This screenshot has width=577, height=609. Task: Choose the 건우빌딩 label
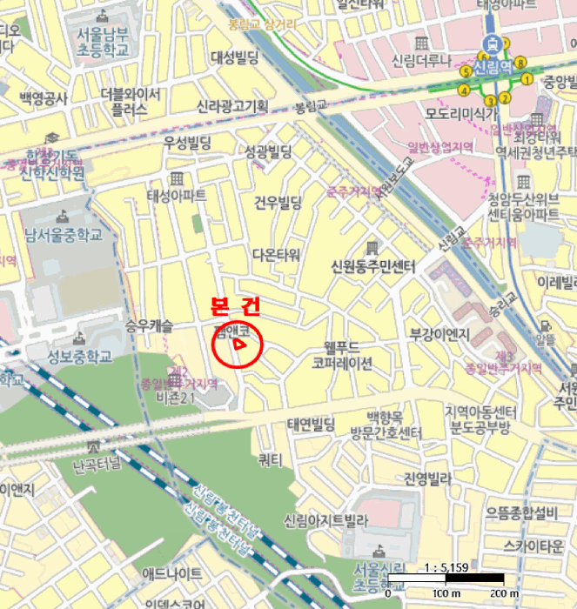click(277, 203)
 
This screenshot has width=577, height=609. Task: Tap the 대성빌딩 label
click(235, 58)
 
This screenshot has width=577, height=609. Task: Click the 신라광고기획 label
click(232, 105)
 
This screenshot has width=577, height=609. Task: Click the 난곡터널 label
click(98, 465)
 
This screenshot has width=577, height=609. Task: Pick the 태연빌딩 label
click(312, 425)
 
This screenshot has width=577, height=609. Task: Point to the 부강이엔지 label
click(439, 333)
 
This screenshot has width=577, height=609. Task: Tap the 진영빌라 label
click(427, 478)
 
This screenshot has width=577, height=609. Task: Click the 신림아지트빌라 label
click(325, 520)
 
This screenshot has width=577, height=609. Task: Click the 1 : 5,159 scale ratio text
click(446, 567)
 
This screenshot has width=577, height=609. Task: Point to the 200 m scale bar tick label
click(505, 593)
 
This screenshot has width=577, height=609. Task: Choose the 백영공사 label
click(44, 98)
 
